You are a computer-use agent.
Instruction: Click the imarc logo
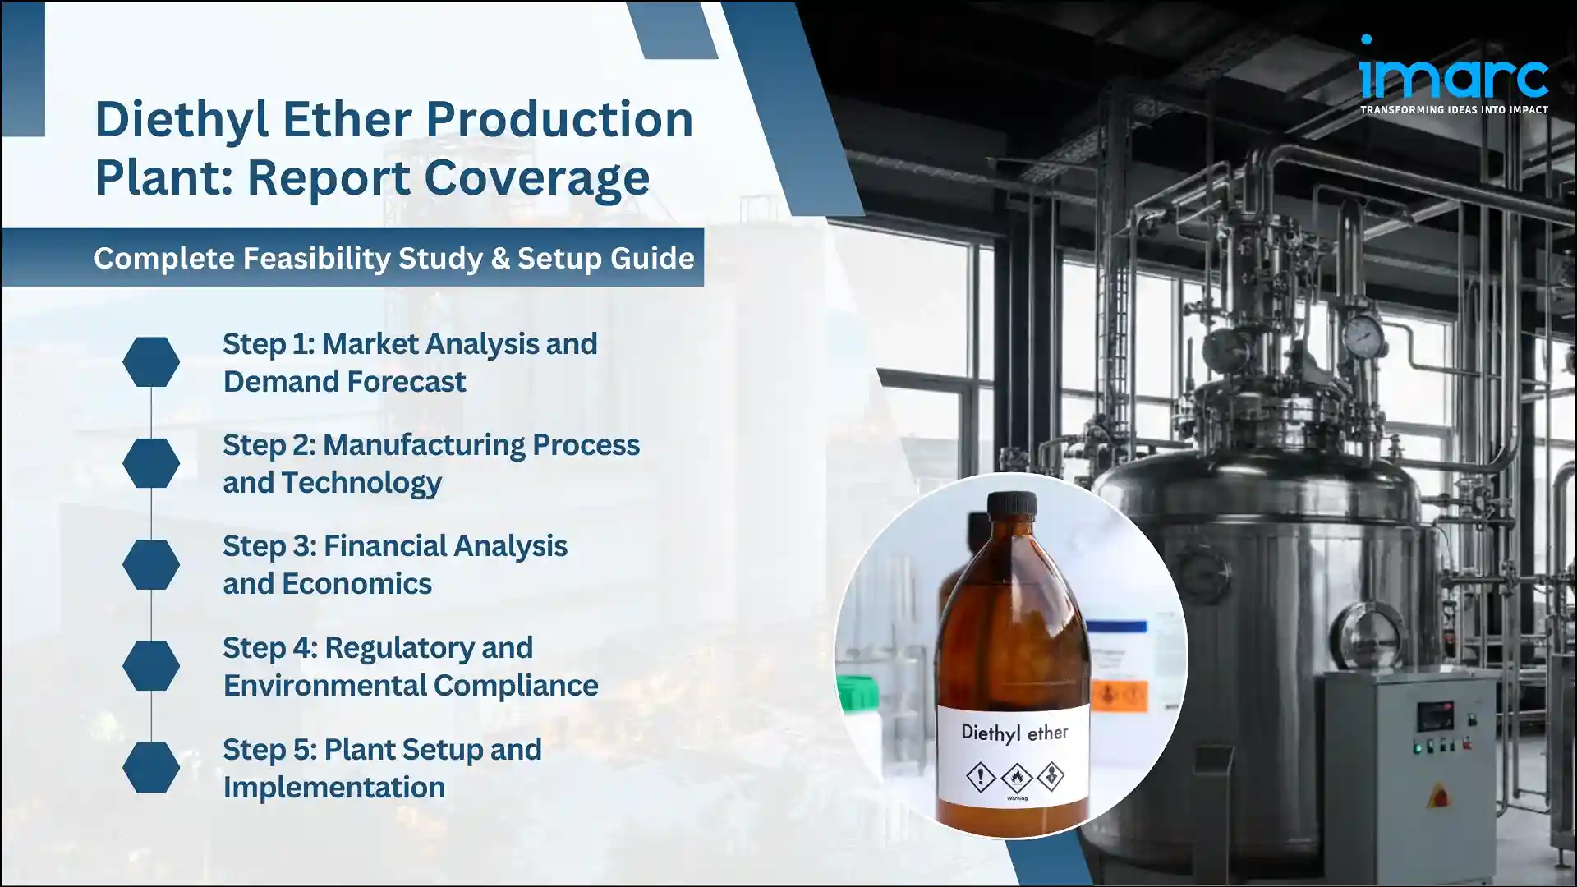1453,76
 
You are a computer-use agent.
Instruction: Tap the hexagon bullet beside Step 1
151,362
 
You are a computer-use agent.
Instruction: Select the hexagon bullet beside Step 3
151,564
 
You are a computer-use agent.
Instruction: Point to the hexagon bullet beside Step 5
151,767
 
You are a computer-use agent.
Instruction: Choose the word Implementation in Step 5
333,787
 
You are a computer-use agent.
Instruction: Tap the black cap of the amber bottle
1011,512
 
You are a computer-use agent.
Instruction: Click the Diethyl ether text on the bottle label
1014,732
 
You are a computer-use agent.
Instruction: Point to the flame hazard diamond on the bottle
1016,777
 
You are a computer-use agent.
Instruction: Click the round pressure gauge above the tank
1363,336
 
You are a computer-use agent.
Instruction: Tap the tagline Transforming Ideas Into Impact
1454,109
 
